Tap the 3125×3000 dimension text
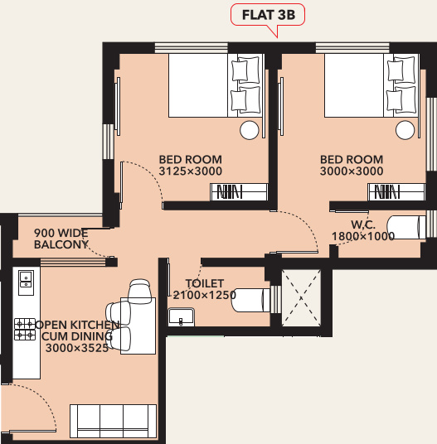pyautogui.click(x=190, y=171)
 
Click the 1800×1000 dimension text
pyautogui.click(x=364, y=237)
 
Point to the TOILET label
pyautogui.click(x=205, y=282)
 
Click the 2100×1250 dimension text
pyautogui.click(x=205, y=295)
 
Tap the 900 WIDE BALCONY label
pyautogui.click(x=61, y=239)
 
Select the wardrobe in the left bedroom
pyautogui.click(x=239, y=193)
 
